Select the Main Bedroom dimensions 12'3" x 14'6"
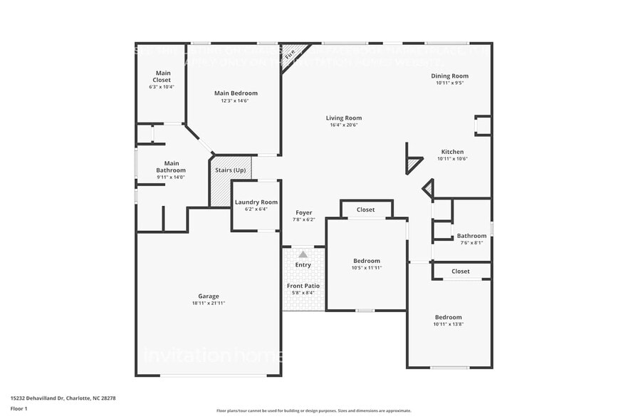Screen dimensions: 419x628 tap(236, 101)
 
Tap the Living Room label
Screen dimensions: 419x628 tap(344, 118)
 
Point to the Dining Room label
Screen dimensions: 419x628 tap(450, 76)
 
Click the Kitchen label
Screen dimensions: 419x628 tap(452, 152)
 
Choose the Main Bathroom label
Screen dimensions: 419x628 tap(171, 167)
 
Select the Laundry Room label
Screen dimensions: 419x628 tap(256, 202)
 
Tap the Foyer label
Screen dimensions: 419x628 tap(303, 212)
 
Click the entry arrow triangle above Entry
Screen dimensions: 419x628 tap(303, 254)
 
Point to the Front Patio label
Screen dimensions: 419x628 tap(303, 286)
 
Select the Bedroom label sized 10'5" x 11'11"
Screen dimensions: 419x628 tap(367, 261)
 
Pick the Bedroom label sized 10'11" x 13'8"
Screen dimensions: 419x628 tap(449, 317)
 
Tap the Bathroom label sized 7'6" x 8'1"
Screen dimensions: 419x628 tap(471, 236)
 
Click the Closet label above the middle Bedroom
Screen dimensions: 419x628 tap(366, 209)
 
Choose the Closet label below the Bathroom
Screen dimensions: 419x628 tap(461, 271)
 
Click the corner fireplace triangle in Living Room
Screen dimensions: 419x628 tap(292, 51)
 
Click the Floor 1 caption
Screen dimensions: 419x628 tap(19, 408)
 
